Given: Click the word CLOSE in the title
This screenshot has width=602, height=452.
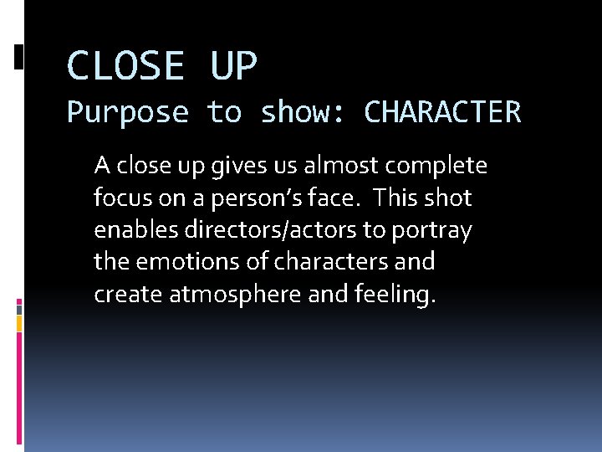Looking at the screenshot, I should click(125, 66).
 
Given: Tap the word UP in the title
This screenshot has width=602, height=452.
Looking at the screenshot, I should click(234, 66).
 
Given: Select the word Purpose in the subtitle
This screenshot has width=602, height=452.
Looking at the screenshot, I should click(128, 112).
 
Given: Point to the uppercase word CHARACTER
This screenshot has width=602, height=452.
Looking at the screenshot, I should click(442, 111).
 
